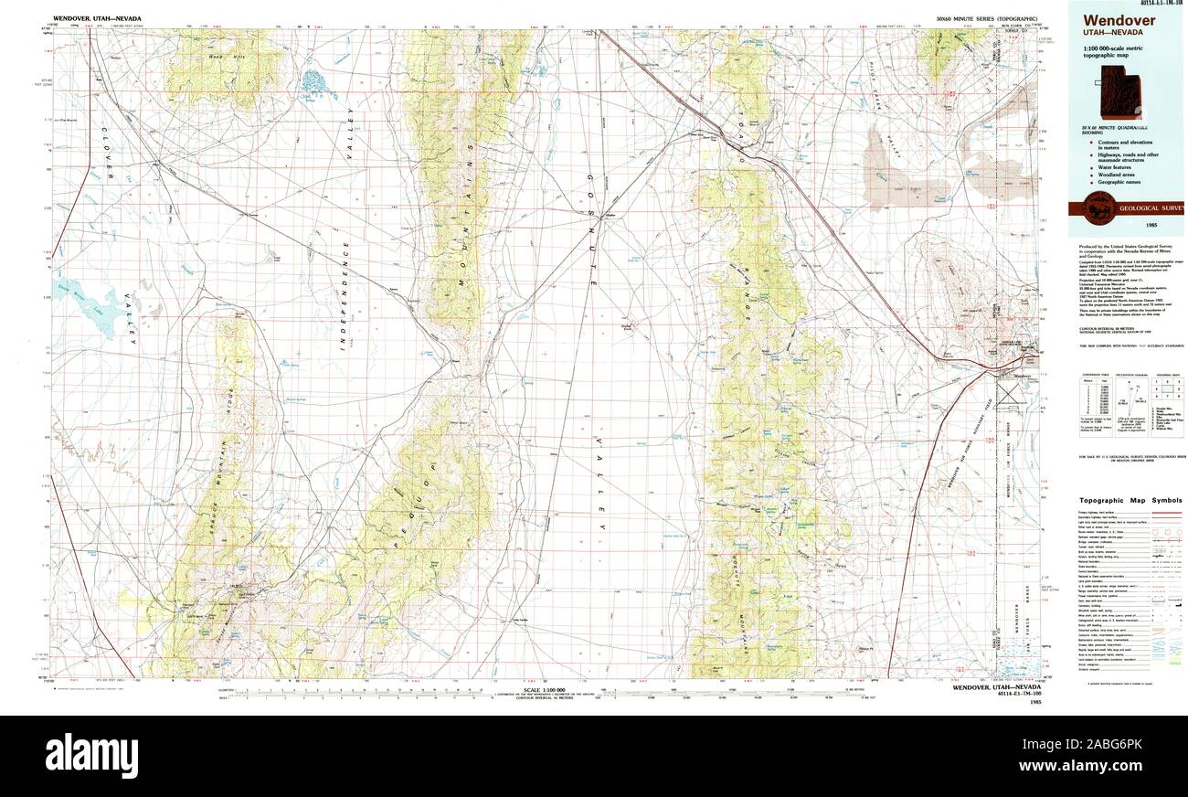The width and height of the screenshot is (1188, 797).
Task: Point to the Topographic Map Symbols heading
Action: click(x=1130, y=501)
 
